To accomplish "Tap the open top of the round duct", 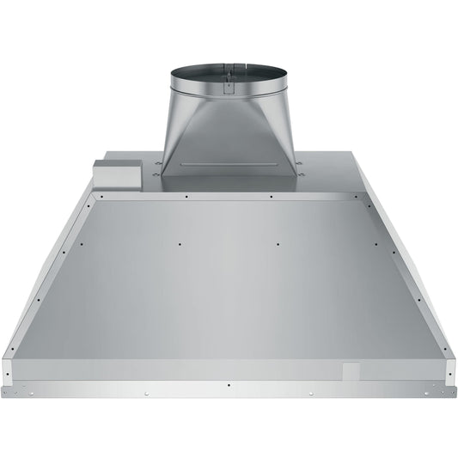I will [x=229, y=70].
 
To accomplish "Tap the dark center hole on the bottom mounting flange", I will [x=229, y=386].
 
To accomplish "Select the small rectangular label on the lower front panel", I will [x=351, y=371].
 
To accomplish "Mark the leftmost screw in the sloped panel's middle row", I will [x=81, y=244].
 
